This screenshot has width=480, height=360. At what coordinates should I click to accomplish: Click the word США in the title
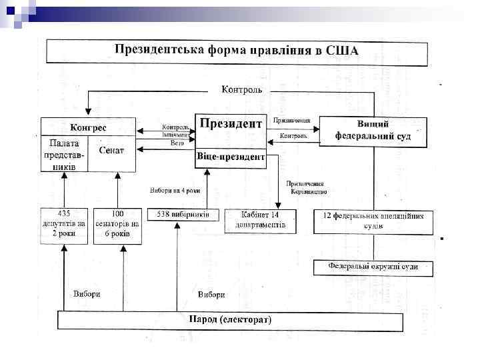tap(341, 50)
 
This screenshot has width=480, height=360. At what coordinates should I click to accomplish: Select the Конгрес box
tap(89, 127)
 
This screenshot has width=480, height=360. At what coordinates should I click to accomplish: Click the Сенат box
tap(111, 150)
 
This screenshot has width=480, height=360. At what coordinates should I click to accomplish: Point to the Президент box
tap(229, 124)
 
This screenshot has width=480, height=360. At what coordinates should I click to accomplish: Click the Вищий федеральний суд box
tap(373, 131)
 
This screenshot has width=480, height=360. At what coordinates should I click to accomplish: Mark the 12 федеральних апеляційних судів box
tap(373, 221)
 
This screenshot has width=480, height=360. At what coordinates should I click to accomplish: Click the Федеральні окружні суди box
tap(373, 267)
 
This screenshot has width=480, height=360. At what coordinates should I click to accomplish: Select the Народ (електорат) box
tap(230, 320)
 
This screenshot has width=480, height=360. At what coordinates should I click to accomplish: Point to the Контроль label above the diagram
tap(241, 89)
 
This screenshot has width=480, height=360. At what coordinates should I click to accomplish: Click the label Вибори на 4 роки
tap(175, 189)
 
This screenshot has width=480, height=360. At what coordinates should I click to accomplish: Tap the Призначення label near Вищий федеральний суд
tap(291, 121)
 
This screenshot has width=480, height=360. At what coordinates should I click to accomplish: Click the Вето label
tap(177, 142)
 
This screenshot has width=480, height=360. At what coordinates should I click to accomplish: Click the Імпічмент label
tap(176, 134)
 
